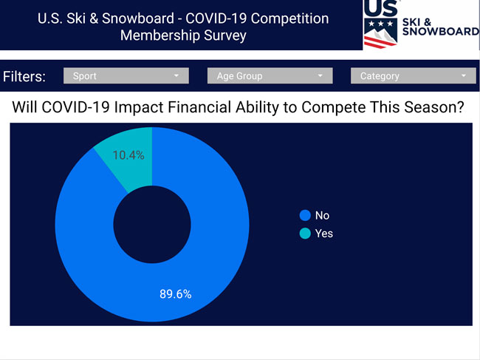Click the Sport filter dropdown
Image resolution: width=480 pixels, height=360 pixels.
(126, 75)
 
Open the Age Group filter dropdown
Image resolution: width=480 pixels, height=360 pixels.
(270, 75)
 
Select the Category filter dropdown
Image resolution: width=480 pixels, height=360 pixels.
(414, 75)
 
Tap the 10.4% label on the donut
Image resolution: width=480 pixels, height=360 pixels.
(128, 155)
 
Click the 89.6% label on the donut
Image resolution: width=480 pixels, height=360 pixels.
(176, 294)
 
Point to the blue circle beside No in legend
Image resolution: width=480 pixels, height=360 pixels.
(305, 215)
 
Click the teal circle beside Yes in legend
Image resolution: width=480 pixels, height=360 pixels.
(305, 234)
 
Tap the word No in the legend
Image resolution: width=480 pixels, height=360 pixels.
(323, 215)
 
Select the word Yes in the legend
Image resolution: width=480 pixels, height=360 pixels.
(324, 234)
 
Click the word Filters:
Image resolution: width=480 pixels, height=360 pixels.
(24, 76)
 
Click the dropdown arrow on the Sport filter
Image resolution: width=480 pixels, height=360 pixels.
(176, 75)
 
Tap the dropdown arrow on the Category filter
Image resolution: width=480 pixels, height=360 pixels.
(464, 75)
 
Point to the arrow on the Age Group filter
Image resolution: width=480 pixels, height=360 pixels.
(320, 75)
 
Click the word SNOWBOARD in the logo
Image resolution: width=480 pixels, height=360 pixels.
(441, 32)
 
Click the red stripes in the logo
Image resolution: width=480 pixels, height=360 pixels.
(379, 42)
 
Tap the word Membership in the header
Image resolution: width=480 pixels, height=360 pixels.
(160, 35)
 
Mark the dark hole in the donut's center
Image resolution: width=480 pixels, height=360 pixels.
(152, 225)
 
